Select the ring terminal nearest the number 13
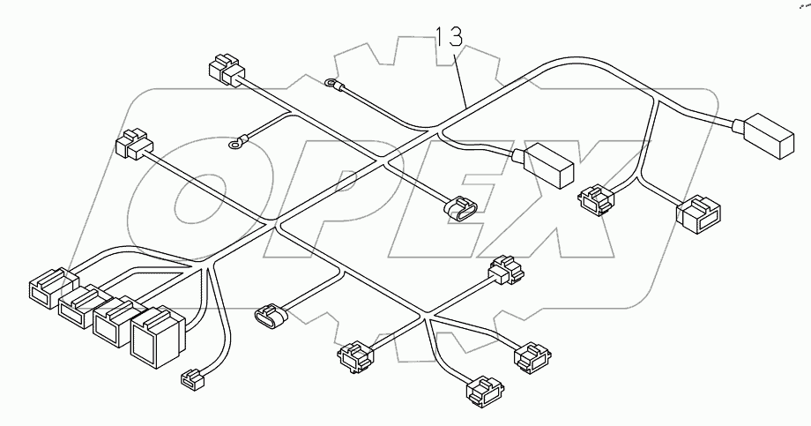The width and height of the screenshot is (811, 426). click(x=331, y=85)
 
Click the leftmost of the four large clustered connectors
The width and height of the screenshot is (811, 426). click(x=48, y=289)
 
